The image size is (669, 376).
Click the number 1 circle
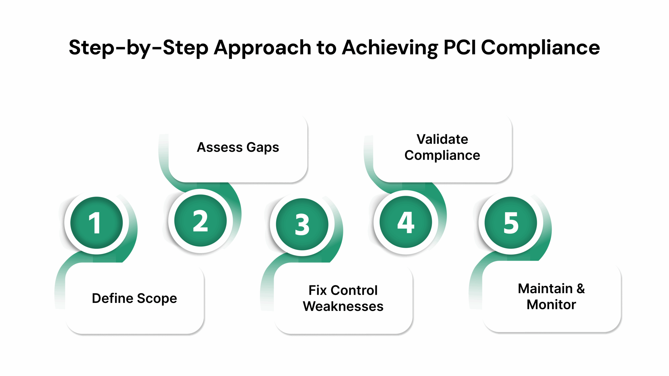(x=96, y=223)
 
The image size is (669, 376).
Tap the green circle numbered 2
(x=200, y=221)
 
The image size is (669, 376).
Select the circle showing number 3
(x=302, y=224)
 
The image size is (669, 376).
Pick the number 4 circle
(x=406, y=222)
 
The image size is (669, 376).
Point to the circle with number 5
(x=511, y=223)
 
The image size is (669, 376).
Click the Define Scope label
(x=134, y=298)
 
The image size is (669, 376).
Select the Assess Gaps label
(x=238, y=147)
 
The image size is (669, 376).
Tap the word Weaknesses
(x=343, y=306)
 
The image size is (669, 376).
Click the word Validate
(x=442, y=139)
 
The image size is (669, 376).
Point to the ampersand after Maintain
(x=581, y=289)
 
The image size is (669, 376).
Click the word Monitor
(x=551, y=304)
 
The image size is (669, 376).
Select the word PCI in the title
(x=460, y=48)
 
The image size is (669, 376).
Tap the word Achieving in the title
(x=390, y=48)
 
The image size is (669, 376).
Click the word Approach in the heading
(x=262, y=48)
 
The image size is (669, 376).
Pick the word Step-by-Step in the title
(x=139, y=48)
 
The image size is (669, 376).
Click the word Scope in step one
(x=157, y=298)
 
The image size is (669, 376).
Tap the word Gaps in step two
(x=263, y=147)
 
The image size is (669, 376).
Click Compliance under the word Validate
(x=442, y=155)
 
